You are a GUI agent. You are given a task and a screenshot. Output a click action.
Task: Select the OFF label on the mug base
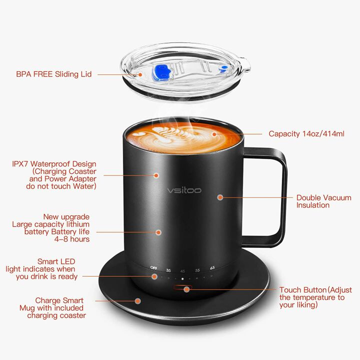coord(154,268)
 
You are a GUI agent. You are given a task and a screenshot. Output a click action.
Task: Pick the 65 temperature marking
coord(212,268)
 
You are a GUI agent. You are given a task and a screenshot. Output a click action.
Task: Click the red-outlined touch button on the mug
coord(182,288)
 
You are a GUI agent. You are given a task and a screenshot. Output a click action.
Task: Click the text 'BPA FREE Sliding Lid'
coord(54,74)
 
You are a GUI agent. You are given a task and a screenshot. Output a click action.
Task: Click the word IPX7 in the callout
coord(22,164)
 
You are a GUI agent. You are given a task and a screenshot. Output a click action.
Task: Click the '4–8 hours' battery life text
coord(72,239)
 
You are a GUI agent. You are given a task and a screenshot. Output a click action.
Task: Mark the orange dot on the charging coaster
coord(138,301)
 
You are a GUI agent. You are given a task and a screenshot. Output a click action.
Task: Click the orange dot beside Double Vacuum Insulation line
coord(219,197)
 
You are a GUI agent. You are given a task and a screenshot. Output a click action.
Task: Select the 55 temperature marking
coord(197,269)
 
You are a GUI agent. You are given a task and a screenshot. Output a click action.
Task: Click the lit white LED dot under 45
coord(182,278)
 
